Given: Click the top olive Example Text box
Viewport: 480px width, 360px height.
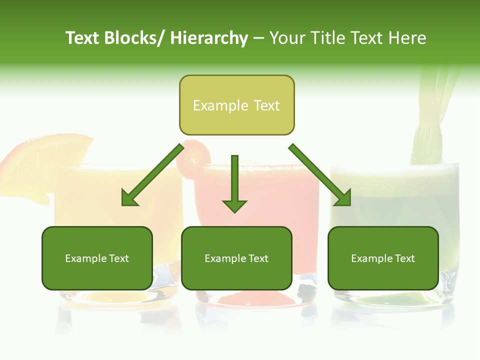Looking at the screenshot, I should (236, 105).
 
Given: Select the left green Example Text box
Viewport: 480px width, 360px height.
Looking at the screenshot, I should (97, 258).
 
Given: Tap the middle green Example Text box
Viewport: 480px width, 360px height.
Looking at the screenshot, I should (236, 258).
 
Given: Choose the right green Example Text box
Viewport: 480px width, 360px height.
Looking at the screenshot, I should (383, 258).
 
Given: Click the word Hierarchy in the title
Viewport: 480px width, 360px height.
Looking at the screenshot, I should (209, 38).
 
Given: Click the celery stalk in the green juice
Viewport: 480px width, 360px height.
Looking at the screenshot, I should (428, 125).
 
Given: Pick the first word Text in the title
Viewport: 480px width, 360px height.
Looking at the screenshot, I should (82, 38).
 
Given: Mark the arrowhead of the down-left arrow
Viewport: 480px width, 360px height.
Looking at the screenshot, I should (129, 197).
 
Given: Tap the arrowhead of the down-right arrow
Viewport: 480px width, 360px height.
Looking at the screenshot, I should (343, 197).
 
